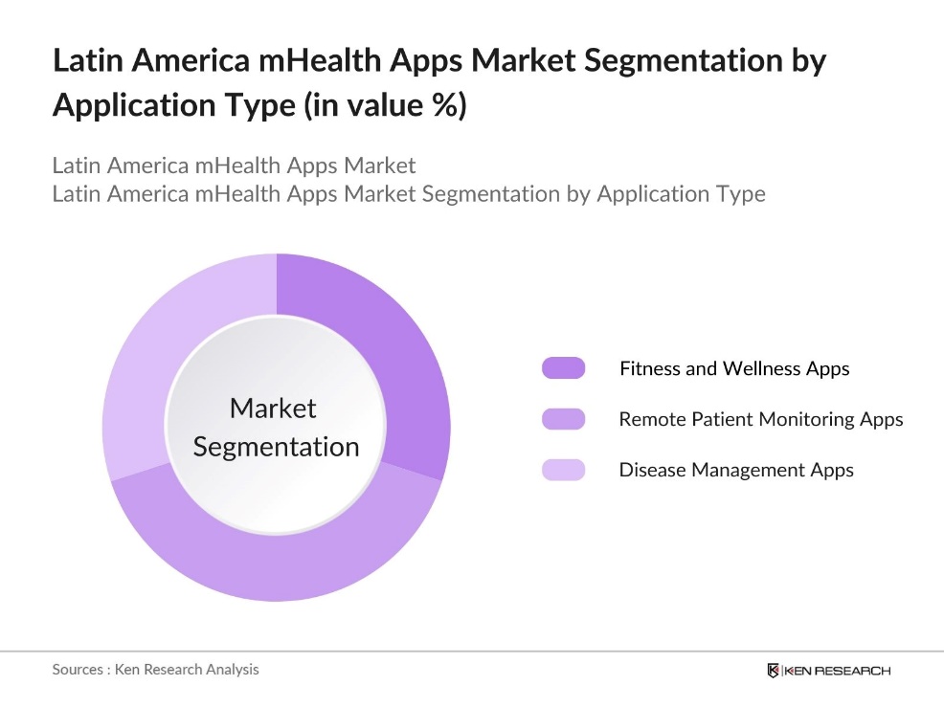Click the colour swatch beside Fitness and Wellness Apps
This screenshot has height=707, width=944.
[563, 368]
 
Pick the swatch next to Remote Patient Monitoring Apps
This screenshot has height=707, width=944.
[563, 419]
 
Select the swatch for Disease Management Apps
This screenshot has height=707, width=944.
[563, 470]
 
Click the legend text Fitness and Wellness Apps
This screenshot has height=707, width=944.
[733, 368]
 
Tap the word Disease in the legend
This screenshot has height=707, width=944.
[651, 470]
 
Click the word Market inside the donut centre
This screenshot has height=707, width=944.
[273, 409]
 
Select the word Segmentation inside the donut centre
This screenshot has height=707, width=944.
[276, 447]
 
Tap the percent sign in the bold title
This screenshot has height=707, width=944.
[445, 105]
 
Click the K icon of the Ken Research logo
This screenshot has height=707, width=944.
[773, 671]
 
